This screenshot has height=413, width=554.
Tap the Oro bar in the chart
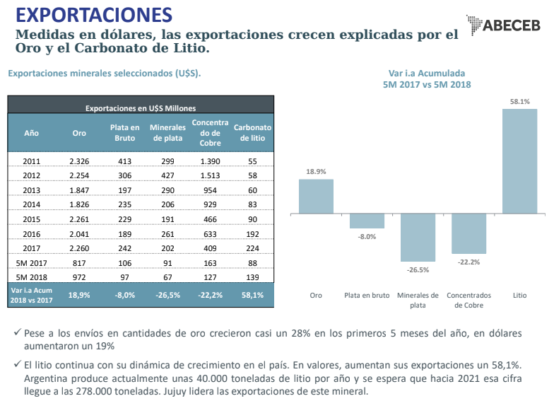(316, 196)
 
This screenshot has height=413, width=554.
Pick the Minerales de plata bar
(418, 238)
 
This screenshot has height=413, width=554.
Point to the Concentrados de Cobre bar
(468, 233)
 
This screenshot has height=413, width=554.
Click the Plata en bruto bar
(367, 221)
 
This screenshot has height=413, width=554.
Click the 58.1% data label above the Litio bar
(519, 101)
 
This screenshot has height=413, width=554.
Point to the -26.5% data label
(418, 269)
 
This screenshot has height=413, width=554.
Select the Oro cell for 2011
(79, 161)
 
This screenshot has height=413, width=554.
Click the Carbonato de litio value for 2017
(253, 248)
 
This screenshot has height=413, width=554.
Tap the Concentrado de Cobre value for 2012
(210, 175)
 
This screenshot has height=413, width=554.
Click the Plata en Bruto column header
(124, 132)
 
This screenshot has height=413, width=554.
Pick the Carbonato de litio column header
(253, 132)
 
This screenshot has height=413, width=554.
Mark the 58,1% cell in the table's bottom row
(253, 295)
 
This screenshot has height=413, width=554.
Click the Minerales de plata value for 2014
(167, 204)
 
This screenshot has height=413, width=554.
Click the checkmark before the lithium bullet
(17, 365)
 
